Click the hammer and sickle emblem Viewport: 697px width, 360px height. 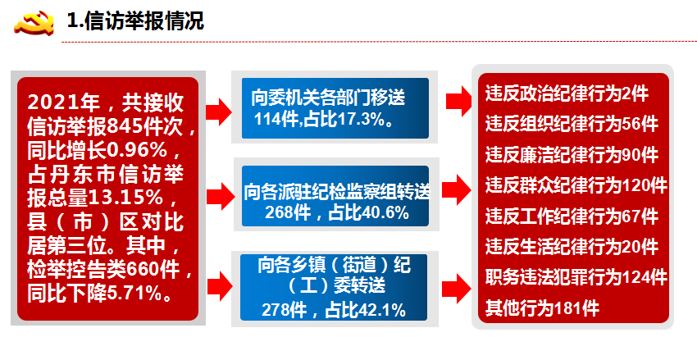coord(34,23)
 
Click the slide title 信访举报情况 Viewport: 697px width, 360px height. coord(143,21)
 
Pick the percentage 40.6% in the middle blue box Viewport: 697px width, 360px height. coord(385,213)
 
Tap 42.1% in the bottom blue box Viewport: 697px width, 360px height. coord(382,310)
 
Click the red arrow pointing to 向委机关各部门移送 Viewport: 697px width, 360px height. coord(218,112)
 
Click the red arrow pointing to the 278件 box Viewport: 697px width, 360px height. coord(220,287)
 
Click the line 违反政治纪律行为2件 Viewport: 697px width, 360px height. coord(567,94)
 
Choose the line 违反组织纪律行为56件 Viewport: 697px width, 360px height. coord(572,125)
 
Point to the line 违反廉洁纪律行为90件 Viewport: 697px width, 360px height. coord(572,155)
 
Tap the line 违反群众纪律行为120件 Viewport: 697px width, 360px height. coord(576,185)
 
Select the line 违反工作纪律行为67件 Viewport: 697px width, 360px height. coord(572,216)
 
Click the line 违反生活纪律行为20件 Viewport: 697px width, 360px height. coord(572,247)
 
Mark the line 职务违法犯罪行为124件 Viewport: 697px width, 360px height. coord(576,277)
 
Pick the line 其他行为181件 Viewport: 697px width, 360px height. coord(542,308)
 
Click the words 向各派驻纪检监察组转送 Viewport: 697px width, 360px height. coord(337,192)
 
